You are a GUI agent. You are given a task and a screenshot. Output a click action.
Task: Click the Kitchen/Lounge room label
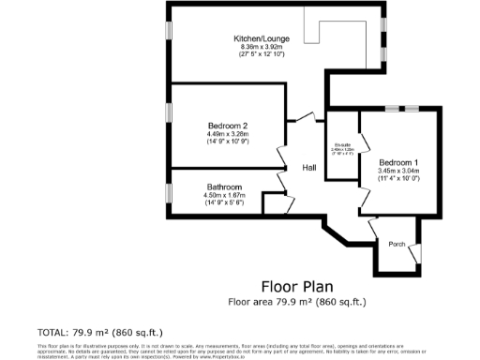pyautogui.click(x=262, y=38)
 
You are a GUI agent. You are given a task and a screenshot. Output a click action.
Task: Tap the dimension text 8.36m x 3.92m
pyautogui.click(x=262, y=47)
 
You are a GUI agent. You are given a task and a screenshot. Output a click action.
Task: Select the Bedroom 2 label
pyautogui.click(x=228, y=126)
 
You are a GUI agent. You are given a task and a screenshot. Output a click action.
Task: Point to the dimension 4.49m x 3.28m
pyautogui.click(x=228, y=134)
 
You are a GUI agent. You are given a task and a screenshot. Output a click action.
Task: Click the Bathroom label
pyautogui.click(x=224, y=187)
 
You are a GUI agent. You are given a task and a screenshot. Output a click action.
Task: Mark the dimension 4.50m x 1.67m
pyautogui.click(x=224, y=194)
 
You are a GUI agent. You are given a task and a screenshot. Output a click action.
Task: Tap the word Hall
pyautogui.click(x=308, y=168)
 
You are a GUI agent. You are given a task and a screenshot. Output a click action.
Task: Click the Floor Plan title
pyautogui.click(x=296, y=286)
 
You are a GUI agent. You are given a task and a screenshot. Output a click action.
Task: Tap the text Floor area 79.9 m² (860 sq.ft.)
pyautogui.click(x=296, y=302)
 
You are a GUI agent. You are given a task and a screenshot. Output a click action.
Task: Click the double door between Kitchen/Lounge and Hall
pyautogui.click(x=305, y=117)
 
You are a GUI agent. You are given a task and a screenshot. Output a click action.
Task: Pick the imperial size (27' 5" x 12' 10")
pyautogui.click(x=262, y=55)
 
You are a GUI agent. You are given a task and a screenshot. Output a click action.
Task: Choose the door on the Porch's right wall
pyautogui.click(x=420, y=251)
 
